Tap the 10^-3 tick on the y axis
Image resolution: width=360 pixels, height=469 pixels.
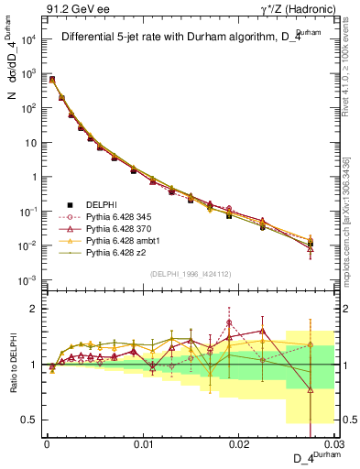(x=27, y=279)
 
